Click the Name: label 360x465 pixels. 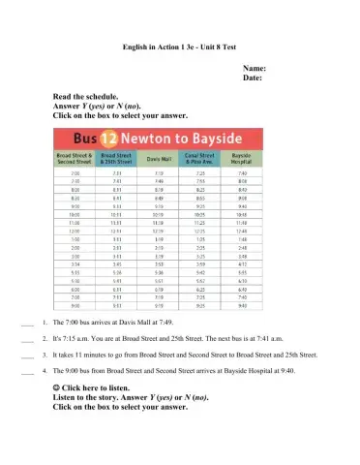254,69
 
